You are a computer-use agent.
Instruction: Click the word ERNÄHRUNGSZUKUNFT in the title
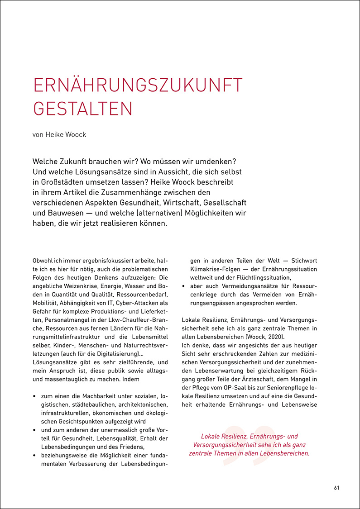pos(138,86)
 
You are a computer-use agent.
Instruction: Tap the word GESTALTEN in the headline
pos(83,109)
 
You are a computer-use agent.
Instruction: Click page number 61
pos(336,488)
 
